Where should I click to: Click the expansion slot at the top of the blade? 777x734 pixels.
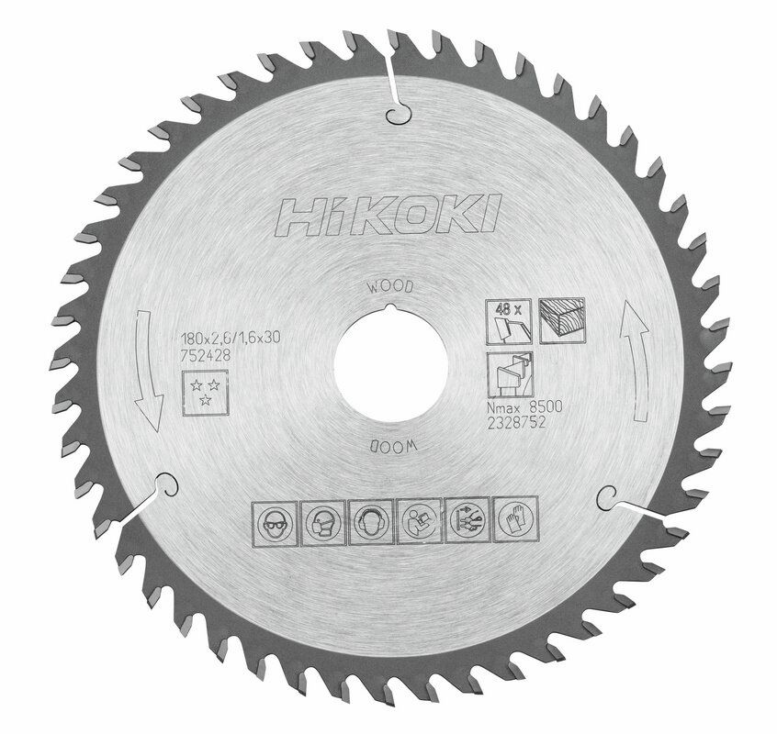pos(391,92)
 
